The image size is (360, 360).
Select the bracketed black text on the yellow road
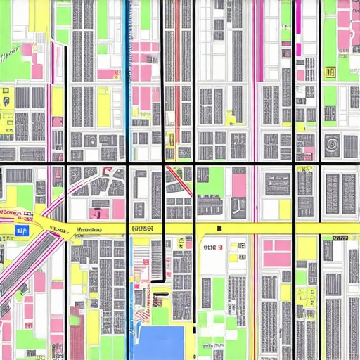(143, 229)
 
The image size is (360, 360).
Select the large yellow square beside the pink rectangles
(307, 247)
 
